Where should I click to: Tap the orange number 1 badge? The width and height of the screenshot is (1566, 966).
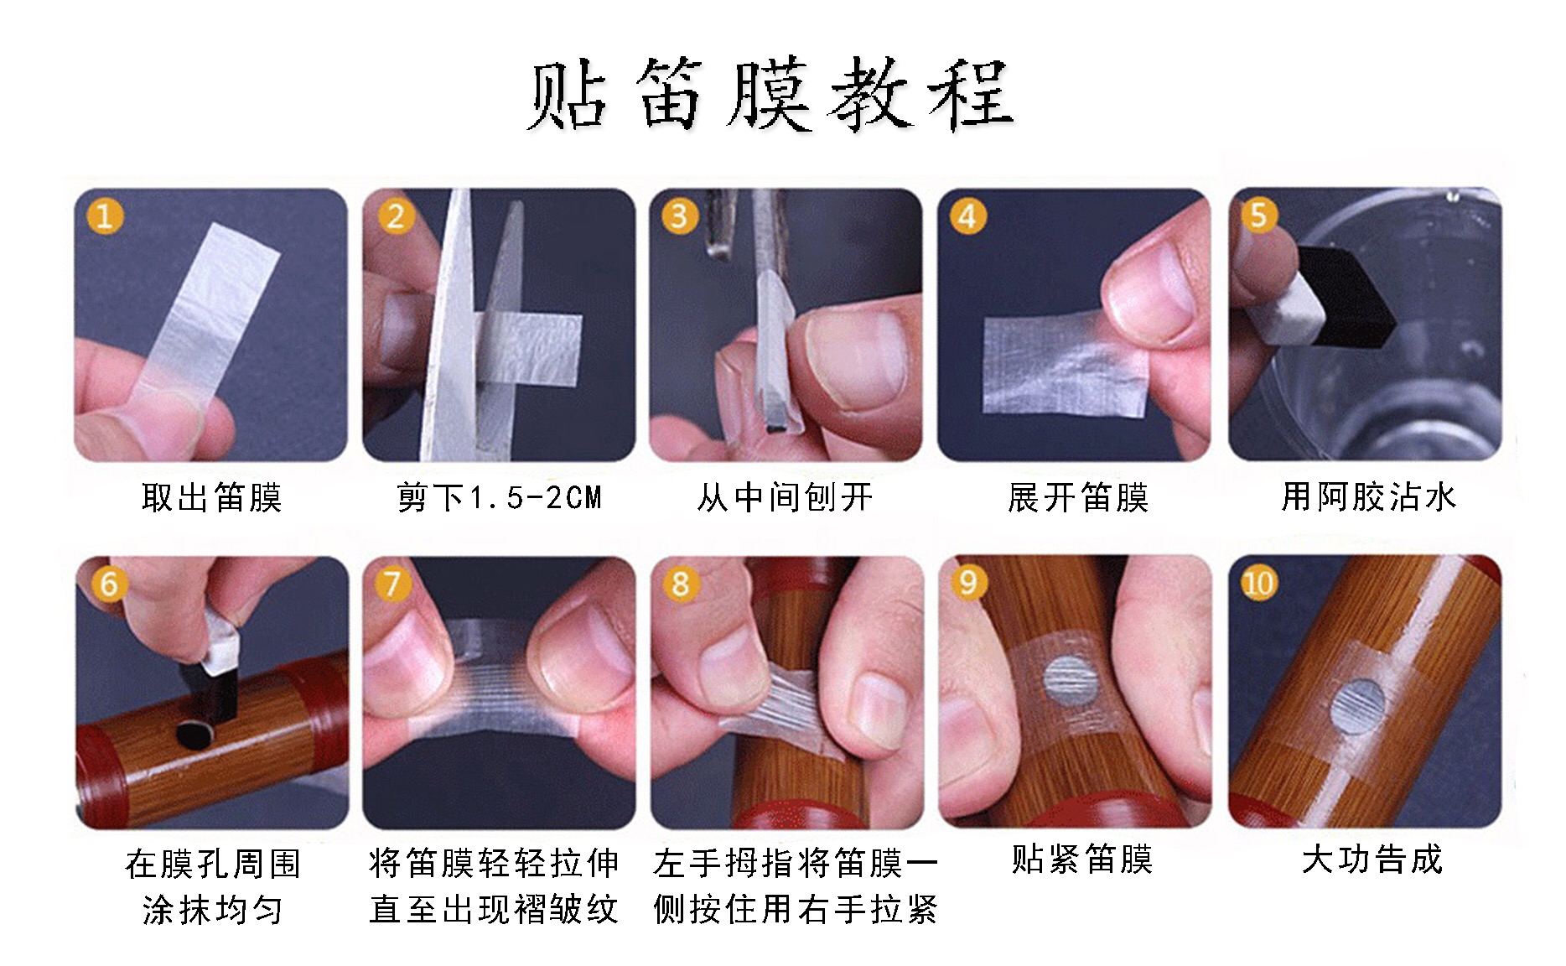(x=104, y=216)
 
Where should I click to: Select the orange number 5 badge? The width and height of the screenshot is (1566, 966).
(x=1257, y=215)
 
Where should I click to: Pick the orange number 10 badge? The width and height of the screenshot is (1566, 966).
(x=1257, y=582)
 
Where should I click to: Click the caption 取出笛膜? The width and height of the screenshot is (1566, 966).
(x=211, y=497)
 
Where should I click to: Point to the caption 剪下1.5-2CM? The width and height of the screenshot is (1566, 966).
(x=499, y=497)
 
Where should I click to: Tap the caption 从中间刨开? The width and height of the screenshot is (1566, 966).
(x=785, y=497)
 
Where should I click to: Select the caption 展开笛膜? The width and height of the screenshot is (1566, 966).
(x=1077, y=497)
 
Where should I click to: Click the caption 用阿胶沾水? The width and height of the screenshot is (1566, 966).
(x=1368, y=496)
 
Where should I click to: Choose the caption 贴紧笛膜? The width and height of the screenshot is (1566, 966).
(x=1081, y=860)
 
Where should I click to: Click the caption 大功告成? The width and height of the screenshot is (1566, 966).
(x=1372, y=860)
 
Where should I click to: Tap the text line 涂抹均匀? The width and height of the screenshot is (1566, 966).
(x=212, y=910)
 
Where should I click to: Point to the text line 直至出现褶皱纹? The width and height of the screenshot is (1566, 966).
(x=494, y=910)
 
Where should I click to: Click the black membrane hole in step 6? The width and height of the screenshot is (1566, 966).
(x=196, y=735)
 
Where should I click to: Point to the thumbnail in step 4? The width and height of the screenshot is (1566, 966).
(x=1074, y=325)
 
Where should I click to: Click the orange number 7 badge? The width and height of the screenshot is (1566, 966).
(x=391, y=582)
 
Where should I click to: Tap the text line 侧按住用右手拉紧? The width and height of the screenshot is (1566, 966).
(x=794, y=910)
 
